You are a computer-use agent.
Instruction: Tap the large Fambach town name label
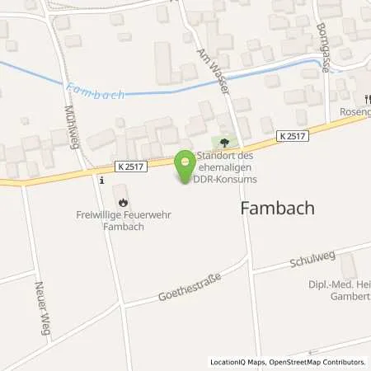(277, 209)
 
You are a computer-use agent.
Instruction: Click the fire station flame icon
(123, 200)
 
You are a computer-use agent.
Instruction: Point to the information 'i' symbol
(101, 179)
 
